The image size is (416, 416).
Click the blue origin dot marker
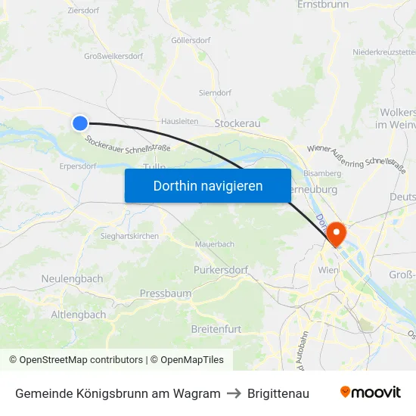pos(80,123)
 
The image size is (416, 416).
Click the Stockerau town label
pos(237,123)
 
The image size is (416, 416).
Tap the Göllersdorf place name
pos(191,40)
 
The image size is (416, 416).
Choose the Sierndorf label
pos(215,93)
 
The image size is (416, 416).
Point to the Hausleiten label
pos(179,121)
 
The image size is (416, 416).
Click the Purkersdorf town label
pos(220,270)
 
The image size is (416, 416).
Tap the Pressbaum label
pos(165,293)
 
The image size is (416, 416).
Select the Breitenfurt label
pos(216,329)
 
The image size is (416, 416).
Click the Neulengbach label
pos(72,278)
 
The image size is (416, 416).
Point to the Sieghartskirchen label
pos(129,237)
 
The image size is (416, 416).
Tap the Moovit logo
pos(370,393)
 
